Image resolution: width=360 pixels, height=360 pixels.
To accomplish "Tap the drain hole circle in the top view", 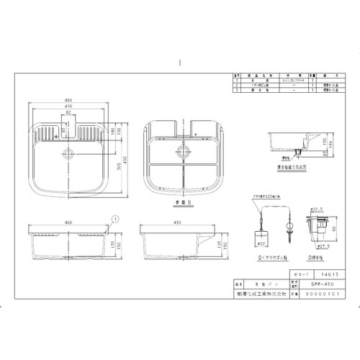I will (69, 153).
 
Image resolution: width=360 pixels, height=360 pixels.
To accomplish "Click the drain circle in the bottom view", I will (183, 152).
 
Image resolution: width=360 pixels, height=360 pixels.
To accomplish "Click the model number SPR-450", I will (307, 284).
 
